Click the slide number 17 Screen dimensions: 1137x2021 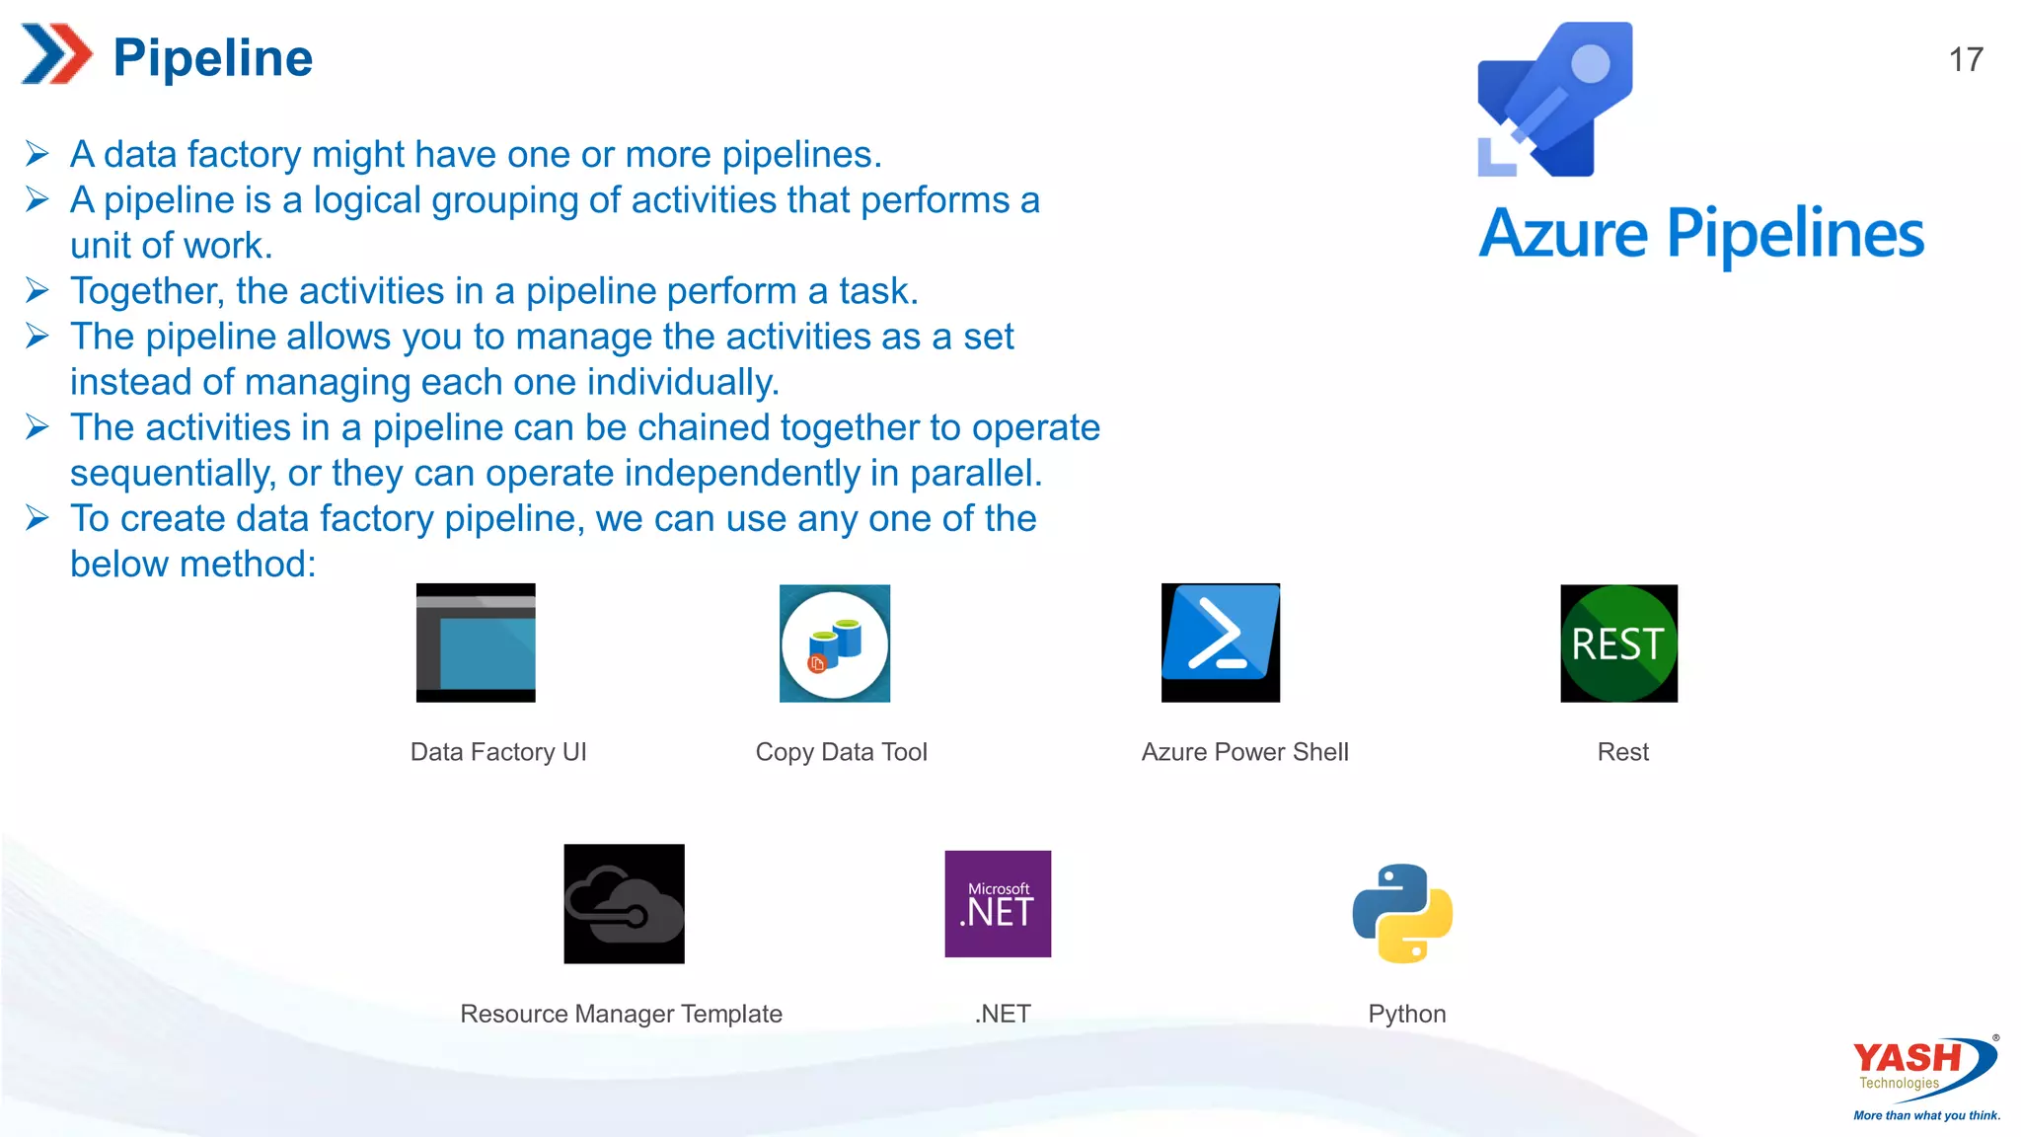tap(1966, 59)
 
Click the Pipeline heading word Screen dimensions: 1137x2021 tap(213, 57)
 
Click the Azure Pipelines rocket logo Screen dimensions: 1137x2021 tap(1555, 100)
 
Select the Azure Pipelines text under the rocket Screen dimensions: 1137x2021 tap(1701, 234)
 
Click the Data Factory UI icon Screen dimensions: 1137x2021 tap(476, 643)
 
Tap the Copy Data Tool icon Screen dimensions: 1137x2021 tap(835, 644)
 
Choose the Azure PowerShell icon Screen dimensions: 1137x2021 tap(1221, 643)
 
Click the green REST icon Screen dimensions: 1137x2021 tap(1618, 644)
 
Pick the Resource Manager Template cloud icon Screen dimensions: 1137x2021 tap(624, 903)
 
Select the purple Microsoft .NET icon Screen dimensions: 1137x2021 tap(998, 903)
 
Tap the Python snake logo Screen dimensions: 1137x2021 tap(1402, 912)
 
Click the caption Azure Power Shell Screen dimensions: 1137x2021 tap(1244, 752)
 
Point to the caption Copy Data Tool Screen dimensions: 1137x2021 tap(841, 752)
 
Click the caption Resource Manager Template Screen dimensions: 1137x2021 tap(621, 1014)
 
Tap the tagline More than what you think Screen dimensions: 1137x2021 tap(1926, 1115)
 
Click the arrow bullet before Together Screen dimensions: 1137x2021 tap(37, 290)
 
